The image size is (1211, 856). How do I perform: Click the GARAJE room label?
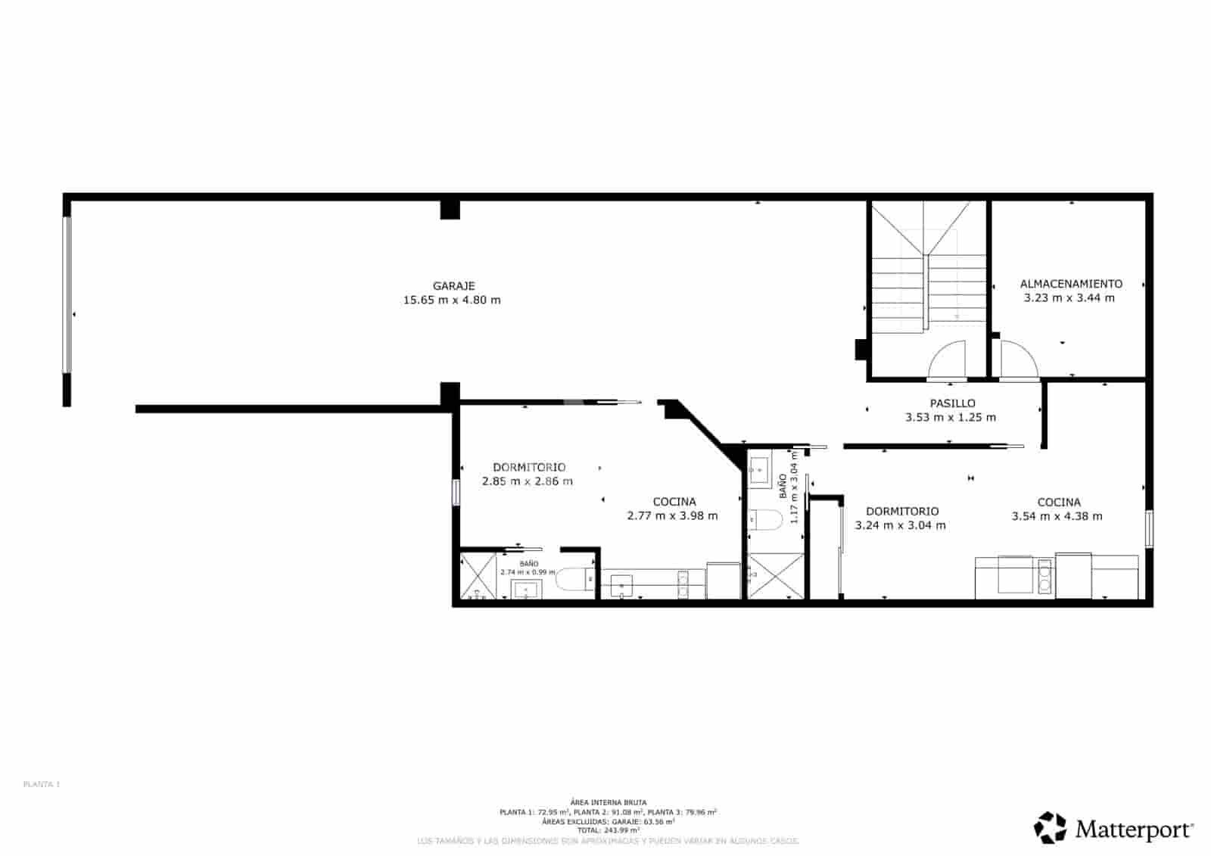453,286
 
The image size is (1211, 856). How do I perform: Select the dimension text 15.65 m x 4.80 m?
452,300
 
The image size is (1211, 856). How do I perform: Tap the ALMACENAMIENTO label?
1071,284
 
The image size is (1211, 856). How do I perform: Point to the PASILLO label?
952,403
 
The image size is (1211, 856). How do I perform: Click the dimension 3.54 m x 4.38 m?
1057,516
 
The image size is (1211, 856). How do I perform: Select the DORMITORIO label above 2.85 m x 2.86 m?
529,467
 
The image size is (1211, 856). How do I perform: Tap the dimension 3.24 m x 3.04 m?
900,525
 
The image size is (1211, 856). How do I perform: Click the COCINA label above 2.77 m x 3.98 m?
674,502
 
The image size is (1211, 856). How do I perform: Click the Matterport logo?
1114,828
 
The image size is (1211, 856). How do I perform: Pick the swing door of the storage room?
1018,360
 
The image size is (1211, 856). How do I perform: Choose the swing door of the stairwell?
948,360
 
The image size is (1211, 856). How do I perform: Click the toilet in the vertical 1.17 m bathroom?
764,521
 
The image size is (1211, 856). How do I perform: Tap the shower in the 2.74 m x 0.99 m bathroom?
478,576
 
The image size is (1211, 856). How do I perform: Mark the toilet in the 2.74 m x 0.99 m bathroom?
575,580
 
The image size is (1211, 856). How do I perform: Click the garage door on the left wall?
67,295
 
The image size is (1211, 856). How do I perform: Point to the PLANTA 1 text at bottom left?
42,784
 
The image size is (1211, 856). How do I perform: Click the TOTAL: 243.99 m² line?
608,830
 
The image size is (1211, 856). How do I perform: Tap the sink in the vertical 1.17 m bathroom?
758,471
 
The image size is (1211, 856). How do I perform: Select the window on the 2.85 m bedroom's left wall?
456,492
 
